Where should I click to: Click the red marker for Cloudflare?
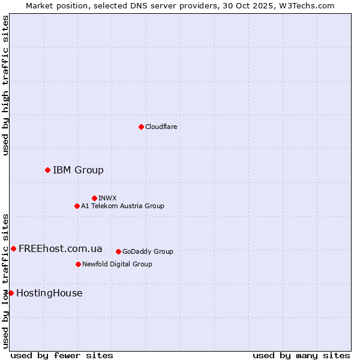[x=141, y=127]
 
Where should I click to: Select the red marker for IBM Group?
[x=47, y=170]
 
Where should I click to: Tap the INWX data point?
[x=94, y=198]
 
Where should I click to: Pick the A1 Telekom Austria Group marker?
[x=77, y=206]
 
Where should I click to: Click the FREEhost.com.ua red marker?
[x=13, y=248]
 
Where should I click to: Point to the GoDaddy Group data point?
[x=118, y=251]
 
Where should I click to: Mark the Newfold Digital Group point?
[x=78, y=264]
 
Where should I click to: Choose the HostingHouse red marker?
[x=11, y=293]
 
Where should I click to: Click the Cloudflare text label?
[x=161, y=127]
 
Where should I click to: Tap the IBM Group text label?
[x=78, y=170]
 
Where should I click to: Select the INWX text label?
[x=107, y=198]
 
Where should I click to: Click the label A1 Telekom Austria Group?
[x=122, y=206]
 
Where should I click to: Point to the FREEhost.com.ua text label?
[x=60, y=248]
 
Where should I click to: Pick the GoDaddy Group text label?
[x=148, y=251]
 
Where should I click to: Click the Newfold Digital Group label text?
[x=117, y=264]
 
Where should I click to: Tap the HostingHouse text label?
[x=49, y=293]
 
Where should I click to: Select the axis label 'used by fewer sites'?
[x=62, y=355]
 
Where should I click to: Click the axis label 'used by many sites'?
[x=301, y=355]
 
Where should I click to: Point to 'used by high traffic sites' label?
[x=5, y=85]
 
